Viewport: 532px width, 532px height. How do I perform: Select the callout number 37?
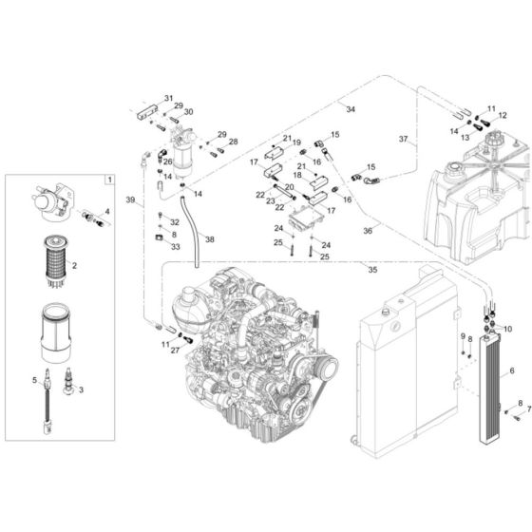[x=403, y=140]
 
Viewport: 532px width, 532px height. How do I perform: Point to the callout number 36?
[x=368, y=230]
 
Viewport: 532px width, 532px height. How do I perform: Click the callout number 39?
[x=131, y=200]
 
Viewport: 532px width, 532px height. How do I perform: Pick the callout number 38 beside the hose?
[x=209, y=239]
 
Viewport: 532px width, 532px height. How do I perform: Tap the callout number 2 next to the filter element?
[x=74, y=267]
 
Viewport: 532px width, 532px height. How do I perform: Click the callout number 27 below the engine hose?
[x=176, y=351]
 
